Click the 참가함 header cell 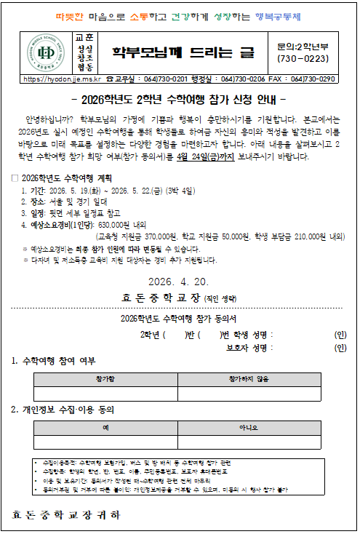(x=104, y=380)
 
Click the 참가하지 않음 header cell (x=249, y=380)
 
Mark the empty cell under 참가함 (x=104, y=394)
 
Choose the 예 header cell (x=105, y=429)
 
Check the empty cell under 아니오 (x=249, y=443)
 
